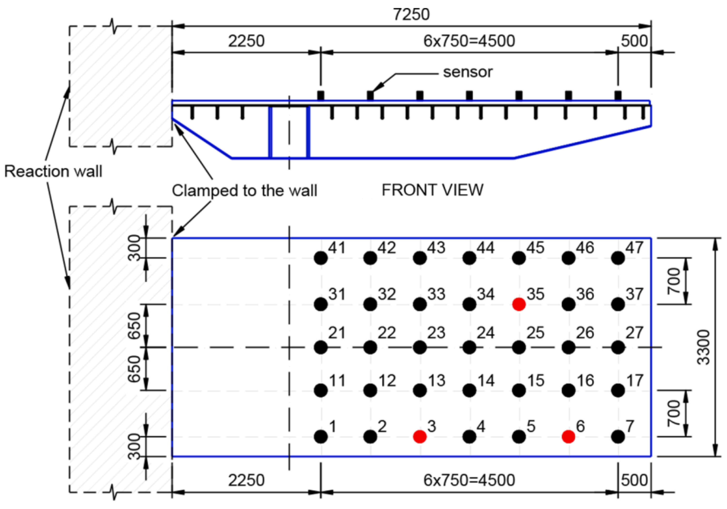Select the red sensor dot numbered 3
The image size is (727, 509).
(x=420, y=437)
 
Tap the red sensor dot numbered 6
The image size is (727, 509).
(x=568, y=437)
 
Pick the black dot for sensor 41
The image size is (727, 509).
(x=321, y=258)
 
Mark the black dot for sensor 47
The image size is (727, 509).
(x=618, y=258)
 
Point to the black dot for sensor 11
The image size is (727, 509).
(x=321, y=390)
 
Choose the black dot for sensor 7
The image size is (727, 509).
(x=618, y=437)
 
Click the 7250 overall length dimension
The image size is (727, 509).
(x=411, y=15)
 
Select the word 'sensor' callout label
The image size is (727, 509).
(x=468, y=72)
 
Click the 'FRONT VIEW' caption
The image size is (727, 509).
(x=433, y=190)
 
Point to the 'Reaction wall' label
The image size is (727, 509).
(x=53, y=171)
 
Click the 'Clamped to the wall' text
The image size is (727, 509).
(x=244, y=191)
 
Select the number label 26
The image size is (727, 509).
(x=585, y=333)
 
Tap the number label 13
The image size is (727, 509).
(x=437, y=381)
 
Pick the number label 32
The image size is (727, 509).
(x=387, y=294)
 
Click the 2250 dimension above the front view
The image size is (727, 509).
(x=246, y=41)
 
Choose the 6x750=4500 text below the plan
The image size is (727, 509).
(x=469, y=480)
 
